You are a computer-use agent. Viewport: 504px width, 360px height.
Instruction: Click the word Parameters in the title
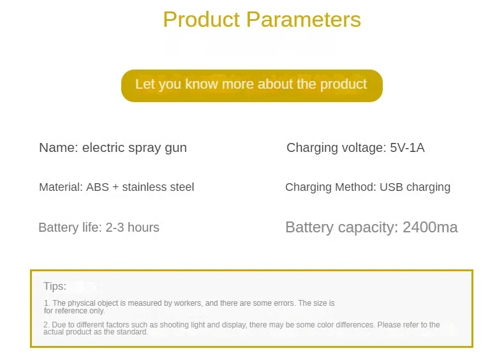[304, 20]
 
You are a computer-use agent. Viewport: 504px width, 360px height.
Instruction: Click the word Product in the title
[202, 20]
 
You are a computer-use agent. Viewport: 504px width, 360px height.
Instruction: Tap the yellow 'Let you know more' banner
[251, 86]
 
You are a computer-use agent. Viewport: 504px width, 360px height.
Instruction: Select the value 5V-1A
[407, 147]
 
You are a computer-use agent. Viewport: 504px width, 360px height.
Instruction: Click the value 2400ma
[430, 227]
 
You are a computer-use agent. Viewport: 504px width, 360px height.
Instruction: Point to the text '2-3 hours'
[133, 227]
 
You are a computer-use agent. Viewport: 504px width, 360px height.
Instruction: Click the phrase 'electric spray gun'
[135, 148]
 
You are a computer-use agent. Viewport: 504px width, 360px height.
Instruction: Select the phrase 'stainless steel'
[158, 187]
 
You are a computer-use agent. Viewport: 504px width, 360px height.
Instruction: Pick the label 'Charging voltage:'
[336, 148]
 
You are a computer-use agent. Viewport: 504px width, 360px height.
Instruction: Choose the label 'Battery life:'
[70, 227]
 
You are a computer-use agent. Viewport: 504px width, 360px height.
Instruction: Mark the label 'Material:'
[61, 187]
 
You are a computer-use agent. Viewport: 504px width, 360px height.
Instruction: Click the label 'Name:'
[59, 147]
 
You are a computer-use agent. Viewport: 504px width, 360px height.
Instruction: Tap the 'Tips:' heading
[55, 286]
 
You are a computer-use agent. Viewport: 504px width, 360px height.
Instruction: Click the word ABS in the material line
[98, 187]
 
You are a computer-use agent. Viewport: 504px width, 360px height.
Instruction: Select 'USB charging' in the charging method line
[415, 187]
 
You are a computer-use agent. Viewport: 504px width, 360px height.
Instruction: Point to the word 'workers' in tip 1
[188, 303]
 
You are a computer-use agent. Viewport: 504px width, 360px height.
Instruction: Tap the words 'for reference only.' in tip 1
[74, 311]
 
